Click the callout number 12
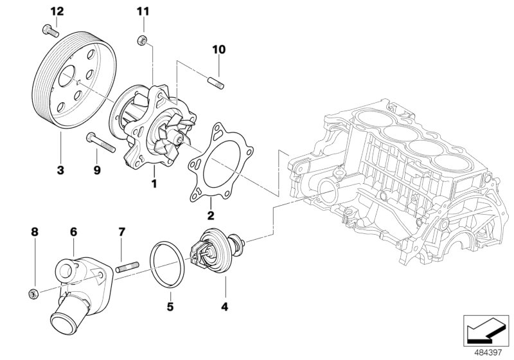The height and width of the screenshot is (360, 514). [57, 11]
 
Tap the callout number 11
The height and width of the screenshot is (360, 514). [142, 11]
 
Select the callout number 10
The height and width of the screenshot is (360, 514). [218, 50]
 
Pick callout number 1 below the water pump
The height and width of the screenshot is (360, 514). [154, 184]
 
